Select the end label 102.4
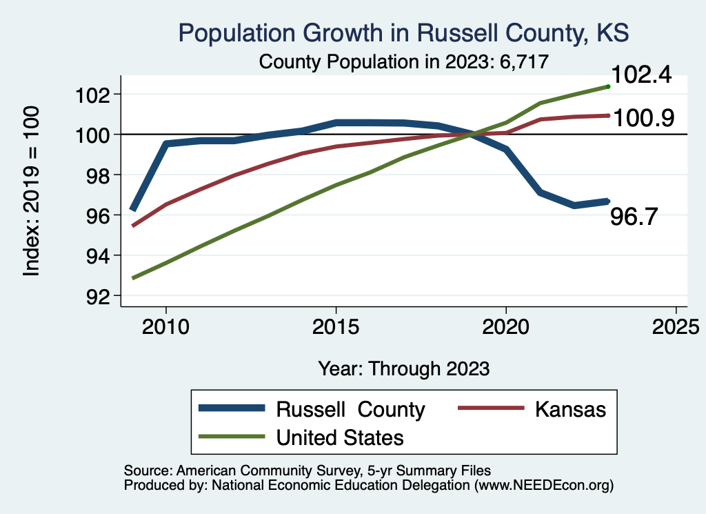(x=641, y=75)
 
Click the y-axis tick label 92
(x=96, y=296)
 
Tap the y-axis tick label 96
(x=96, y=215)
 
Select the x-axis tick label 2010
(x=165, y=326)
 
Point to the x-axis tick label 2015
(x=336, y=326)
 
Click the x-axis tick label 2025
(x=676, y=326)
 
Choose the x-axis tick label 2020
(x=506, y=326)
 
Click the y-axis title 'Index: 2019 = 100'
(x=31, y=191)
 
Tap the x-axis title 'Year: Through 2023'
(x=404, y=368)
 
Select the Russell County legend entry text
(x=350, y=409)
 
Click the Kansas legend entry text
(x=569, y=409)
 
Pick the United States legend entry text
(x=340, y=437)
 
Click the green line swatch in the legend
(x=232, y=437)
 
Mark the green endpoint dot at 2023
(x=608, y=86)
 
